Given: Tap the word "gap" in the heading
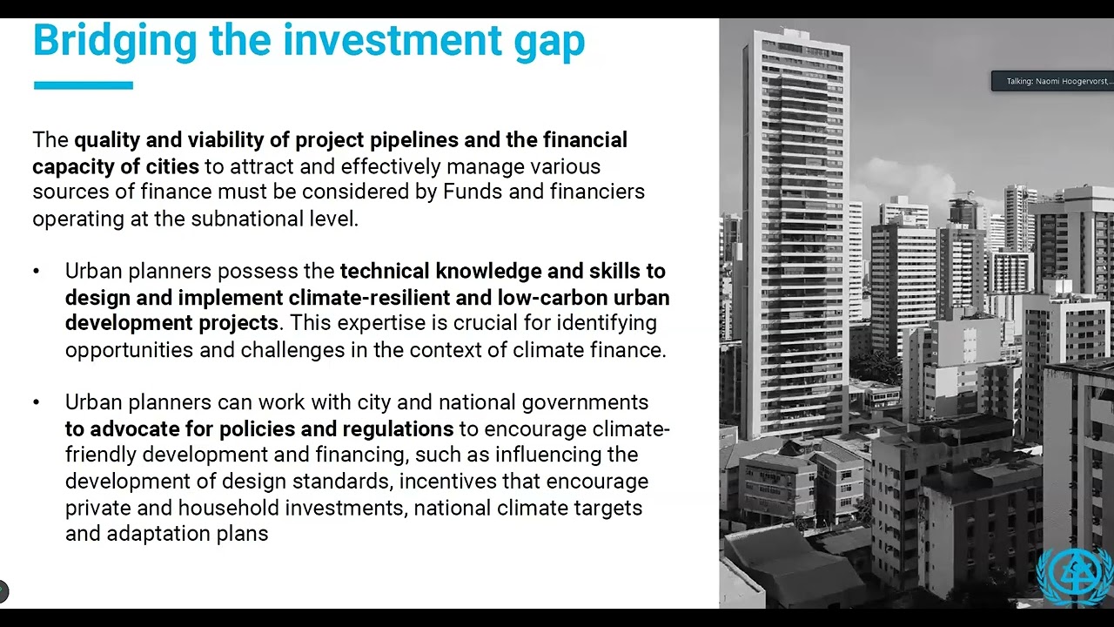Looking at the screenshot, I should [549, 41].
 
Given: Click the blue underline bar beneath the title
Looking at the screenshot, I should [83, 85].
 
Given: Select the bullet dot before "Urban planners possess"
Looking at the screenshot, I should [37, 272].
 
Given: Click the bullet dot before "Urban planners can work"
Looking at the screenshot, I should [37, 402].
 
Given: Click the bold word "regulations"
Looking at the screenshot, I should [398, 428].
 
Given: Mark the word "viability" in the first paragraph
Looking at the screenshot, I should [227, 140].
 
